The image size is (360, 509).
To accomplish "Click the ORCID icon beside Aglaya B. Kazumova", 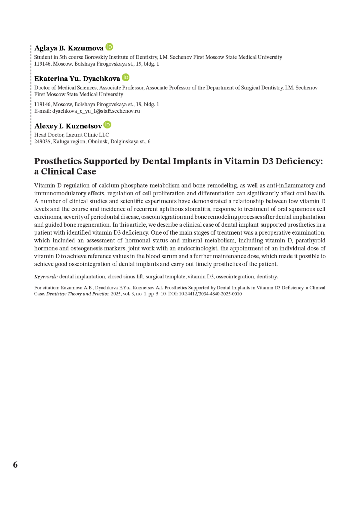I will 109,47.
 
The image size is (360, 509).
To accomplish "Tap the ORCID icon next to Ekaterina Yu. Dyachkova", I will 126,77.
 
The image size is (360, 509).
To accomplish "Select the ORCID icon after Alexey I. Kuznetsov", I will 107,125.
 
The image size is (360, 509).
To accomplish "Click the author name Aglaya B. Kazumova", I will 69,48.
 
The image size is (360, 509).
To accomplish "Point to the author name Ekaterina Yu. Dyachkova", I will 77,79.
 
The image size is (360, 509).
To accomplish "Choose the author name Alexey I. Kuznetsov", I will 68,126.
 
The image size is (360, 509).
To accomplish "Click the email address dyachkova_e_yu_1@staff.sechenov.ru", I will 96,111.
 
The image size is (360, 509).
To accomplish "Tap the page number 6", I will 15,465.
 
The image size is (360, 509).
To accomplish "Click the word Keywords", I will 46,277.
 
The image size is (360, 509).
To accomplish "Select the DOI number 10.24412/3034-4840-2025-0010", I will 210,294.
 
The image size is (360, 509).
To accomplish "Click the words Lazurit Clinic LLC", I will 87,135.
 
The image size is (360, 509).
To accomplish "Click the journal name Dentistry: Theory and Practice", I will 77,294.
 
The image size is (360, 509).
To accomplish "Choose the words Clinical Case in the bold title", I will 69,172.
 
